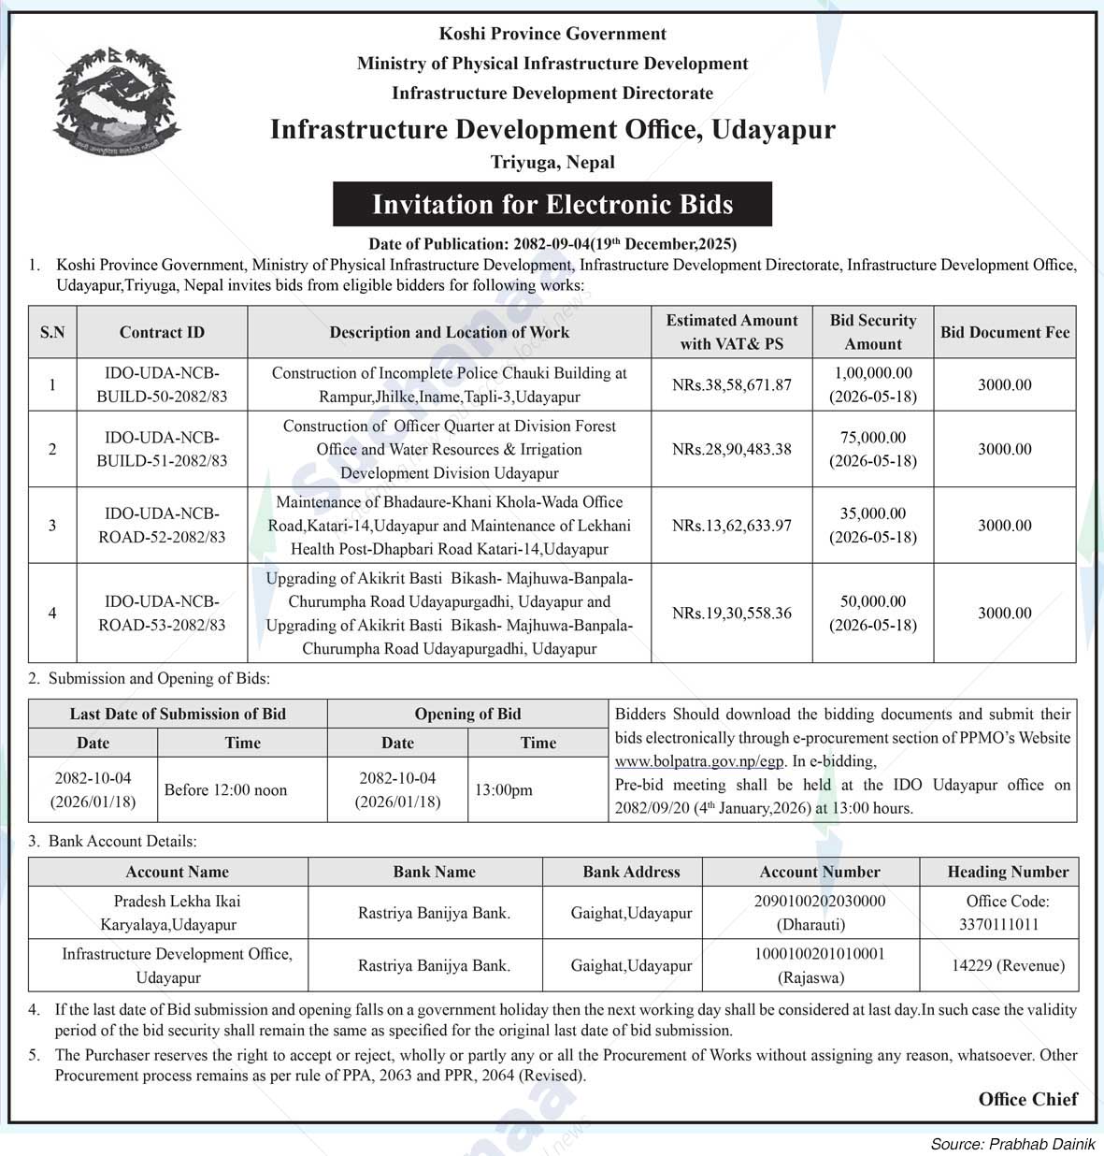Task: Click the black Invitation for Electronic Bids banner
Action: point(552,204)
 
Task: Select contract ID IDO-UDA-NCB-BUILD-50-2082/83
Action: point(162,384)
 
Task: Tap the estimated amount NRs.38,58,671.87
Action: point(731,384)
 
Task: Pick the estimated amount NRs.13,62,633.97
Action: point(731,526)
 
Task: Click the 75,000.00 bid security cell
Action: point(872,449)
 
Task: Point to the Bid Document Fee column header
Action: point(1005,332)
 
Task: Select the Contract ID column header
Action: point(162,332)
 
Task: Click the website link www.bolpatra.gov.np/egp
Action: point(699,761)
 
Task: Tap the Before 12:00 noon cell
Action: point(225,790)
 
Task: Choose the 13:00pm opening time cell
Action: point(503,790)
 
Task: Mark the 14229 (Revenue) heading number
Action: point(1008,965)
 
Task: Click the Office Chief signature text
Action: point(1027,1099)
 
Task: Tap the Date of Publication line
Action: point(552,244)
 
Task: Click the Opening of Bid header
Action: point(467,714)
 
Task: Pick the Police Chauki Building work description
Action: point(449,384)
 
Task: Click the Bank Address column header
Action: point(631,872)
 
